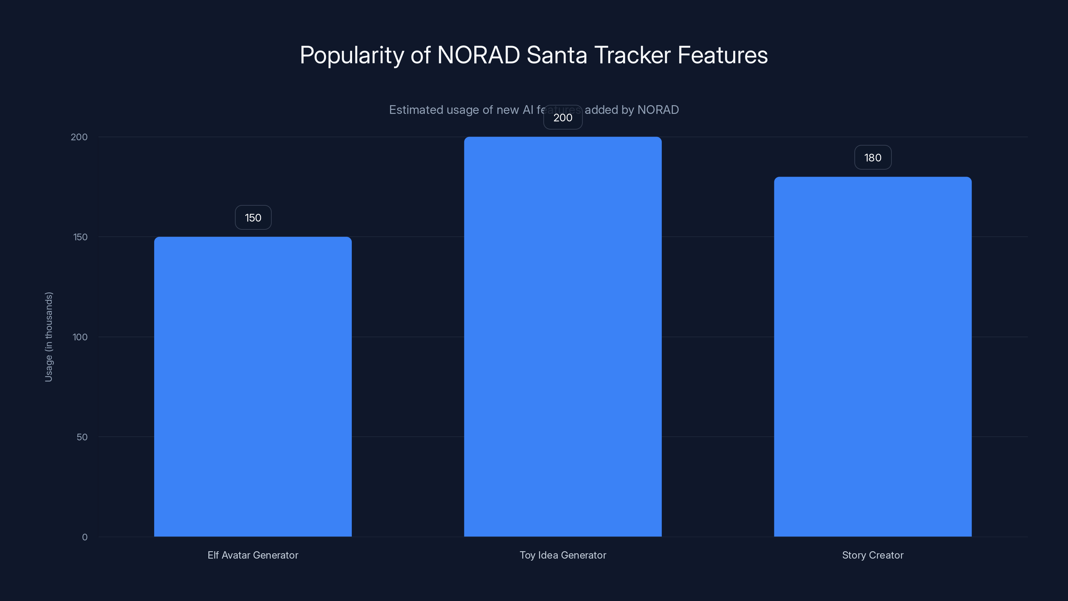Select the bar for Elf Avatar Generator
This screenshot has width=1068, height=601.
[x=253, y=387]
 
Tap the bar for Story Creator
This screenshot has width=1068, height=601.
[x=873, y=357]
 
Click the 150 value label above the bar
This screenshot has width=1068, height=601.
[x=253, y=217]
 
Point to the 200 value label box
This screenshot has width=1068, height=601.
[x=563, y=118]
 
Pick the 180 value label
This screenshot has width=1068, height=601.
[x=873, y=158]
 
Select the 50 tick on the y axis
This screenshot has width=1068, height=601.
[x=82, y=437]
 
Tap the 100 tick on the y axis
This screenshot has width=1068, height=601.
[x=80, y=337]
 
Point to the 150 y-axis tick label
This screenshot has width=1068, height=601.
[x=80, y=237]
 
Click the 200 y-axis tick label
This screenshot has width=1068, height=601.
[x=79, y=137]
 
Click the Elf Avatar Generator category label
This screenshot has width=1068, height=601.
[x=253, y=555]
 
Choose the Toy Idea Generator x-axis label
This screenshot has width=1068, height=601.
[x=563, y=555]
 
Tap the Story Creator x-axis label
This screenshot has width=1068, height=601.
[x=873, y=555]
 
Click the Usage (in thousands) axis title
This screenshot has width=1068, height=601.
[x=48, y=337]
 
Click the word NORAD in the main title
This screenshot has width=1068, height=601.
[x=479, y=55]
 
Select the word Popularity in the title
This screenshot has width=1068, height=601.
[x=351, y=55]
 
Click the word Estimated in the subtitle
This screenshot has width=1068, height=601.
[x=416, y=110]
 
